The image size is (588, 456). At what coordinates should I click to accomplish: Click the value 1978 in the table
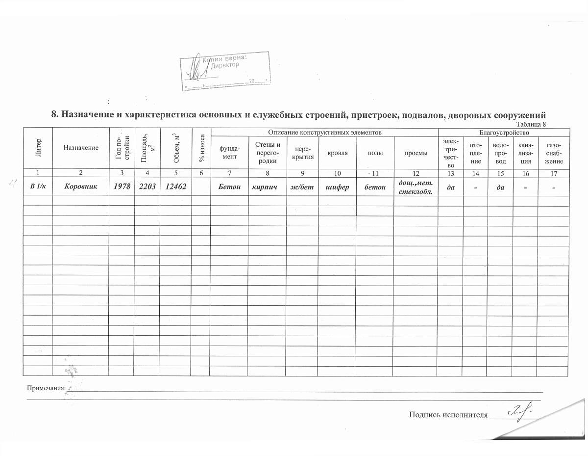(x=122, y=187)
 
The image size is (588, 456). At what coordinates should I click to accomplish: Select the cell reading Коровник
(x=80, y=187)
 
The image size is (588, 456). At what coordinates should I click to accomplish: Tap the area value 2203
(x=147, y=187)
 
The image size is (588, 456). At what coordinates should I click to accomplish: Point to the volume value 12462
(x=175, y=187)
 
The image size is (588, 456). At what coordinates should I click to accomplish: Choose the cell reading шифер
(x=337, y=187)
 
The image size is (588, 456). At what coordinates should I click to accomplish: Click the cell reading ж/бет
(x=302, y=187)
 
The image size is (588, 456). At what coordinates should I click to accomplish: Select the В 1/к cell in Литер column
(x=37, y=187)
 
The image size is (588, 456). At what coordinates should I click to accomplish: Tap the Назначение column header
(x=80, y=147)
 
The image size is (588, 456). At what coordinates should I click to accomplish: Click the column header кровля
(x=338, y=153)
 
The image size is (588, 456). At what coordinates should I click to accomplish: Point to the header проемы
(x=416, y=153)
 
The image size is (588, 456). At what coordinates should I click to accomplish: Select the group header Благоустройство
(x=503, y=133)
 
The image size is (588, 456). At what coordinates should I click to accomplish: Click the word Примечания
(x=46, y=388)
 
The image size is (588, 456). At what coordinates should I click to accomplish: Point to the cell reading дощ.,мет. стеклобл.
(x=416, y=187)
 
